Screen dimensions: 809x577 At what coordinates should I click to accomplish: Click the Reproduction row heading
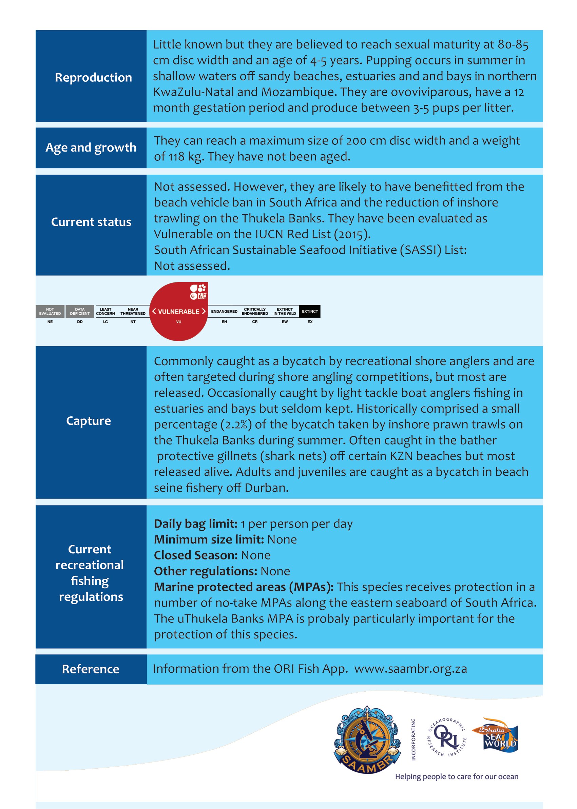point(93,77)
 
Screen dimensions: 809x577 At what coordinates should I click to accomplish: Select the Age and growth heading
point(91,147)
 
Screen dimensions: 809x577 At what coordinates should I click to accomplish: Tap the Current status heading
point(91,222)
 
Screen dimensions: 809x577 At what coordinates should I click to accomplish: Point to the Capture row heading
point(89,421)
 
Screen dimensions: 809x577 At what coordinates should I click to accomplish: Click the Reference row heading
point(91,669)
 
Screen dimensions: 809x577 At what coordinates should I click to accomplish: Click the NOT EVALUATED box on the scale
point(50,312)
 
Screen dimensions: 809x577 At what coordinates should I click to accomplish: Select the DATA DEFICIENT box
point(80,312)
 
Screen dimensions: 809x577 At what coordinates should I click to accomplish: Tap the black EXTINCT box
point(310,312)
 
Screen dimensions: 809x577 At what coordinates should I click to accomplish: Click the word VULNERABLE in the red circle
point(179,312)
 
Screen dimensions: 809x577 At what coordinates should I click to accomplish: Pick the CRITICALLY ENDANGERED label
point(255,312)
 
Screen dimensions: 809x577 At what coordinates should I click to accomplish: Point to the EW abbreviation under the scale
point(285,322)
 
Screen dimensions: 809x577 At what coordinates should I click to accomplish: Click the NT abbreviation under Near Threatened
point(133,322)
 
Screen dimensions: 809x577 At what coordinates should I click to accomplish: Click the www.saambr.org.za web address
point(410,669)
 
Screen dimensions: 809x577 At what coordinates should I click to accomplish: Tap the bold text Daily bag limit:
point(196,524)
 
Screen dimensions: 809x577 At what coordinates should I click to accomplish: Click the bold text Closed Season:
point(196,555)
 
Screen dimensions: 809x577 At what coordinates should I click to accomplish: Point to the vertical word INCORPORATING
point(413,739)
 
